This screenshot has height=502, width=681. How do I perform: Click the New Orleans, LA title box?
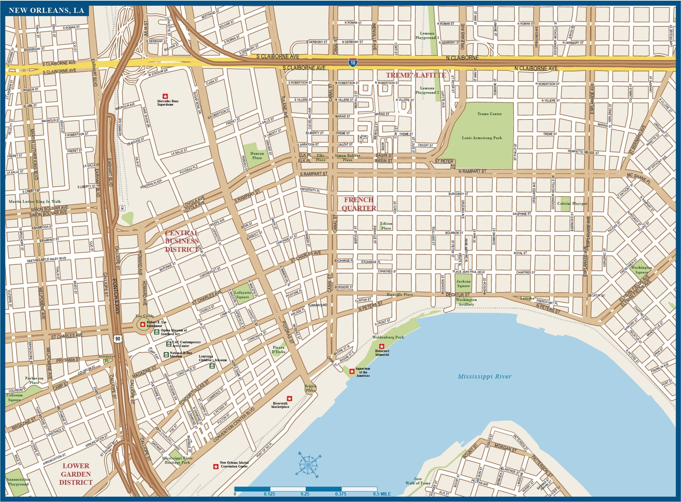tap(47, 10)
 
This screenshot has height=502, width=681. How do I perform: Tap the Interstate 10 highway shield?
tap(353, 63)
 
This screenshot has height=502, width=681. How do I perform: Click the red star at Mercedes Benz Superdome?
tap(165, 96)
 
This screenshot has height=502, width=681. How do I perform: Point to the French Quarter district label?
tap(359, 204)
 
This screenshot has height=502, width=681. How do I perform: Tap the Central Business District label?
tap(182, 241)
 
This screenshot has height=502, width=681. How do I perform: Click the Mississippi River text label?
tap(484, 376)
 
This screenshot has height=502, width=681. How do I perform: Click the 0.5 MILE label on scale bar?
tap(382, 494)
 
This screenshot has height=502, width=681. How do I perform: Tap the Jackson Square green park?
tap(463, 284)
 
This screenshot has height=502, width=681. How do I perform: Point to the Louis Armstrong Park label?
tap(482, 138)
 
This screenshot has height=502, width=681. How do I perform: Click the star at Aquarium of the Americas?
tap(352, 371)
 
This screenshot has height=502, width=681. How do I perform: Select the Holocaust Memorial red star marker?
tap(382, 346)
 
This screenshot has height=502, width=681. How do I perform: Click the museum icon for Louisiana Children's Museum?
tap(212, 366)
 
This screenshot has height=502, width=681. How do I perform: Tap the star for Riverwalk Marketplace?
tap(289, 398)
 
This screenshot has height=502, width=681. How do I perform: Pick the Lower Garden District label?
tap(76, 474)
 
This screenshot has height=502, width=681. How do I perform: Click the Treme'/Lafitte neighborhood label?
tap(416, 75)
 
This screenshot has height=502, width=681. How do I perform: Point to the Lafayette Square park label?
tap(242, 295)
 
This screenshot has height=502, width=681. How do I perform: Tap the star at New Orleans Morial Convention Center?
tap(215, 467)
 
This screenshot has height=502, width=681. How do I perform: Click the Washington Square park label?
tap(641, 270)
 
